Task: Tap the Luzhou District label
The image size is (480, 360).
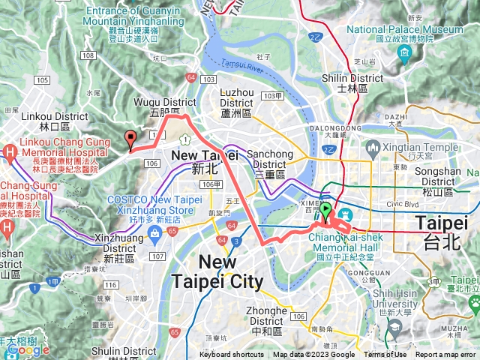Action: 237,97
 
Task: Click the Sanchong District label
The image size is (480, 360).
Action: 270,159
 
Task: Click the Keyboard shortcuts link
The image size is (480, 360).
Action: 237,355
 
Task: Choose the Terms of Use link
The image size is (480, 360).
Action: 385,355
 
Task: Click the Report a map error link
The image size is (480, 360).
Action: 445,355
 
